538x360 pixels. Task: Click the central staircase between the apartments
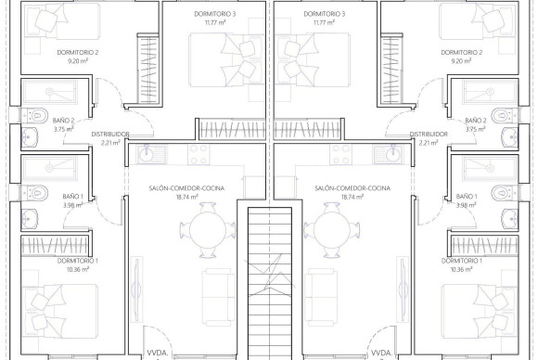coord(269,278)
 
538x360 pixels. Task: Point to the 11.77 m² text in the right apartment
coord(324,24)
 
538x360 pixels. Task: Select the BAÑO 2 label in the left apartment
coord(63,120)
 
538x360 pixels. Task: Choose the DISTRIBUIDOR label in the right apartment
coord(429,135)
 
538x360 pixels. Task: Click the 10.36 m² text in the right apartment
coord(462,269)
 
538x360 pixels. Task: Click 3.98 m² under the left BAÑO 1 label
coord(73,205)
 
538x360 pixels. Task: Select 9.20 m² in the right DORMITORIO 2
coord(462,61)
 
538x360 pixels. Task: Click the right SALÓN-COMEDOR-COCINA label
coord(352,187)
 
